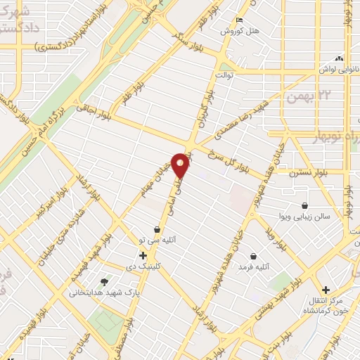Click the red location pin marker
pos(181,165)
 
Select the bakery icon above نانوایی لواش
pos(340,58)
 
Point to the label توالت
pos(224,73)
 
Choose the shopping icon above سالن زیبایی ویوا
pos(305,206)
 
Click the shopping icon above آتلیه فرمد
pos(253,257)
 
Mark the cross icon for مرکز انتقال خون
pos(325,289)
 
